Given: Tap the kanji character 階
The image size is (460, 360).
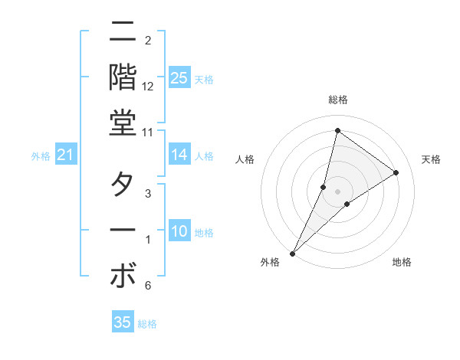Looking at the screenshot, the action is [x=123, y=77].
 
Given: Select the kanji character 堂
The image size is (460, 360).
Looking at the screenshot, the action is [x=123, y=123].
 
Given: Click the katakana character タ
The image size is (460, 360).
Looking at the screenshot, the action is [x=123, y=185].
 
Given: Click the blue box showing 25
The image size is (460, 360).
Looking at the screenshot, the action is [x=179, y=77].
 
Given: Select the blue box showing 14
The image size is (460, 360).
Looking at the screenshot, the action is [x=179, y=155].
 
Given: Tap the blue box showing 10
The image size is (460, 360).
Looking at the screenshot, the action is [x=179, y=231].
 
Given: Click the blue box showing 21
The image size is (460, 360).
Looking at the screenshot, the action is [x=65, y=155].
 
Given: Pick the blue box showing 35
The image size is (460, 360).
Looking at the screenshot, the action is [x=123, y=322].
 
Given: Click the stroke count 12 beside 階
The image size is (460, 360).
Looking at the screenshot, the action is [x=148, y=86].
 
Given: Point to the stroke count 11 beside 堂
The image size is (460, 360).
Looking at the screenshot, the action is [x=148, y=132].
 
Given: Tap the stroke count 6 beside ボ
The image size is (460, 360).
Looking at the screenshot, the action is [x=148, y=286].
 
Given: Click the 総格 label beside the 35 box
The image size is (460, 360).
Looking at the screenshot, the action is [x=147, y=324].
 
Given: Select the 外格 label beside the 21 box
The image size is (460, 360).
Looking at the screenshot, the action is [x=41, y=156].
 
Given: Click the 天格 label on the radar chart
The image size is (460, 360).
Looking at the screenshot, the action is [x=431, y=159].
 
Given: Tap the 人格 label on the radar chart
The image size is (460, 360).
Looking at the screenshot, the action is [x=245, y=159].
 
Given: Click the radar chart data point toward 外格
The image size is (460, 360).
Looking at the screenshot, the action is [x=292, y=253].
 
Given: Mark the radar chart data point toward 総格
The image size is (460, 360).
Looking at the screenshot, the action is [x=337, y=130].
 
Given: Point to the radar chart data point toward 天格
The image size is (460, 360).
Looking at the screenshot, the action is [x=396, y=172].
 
